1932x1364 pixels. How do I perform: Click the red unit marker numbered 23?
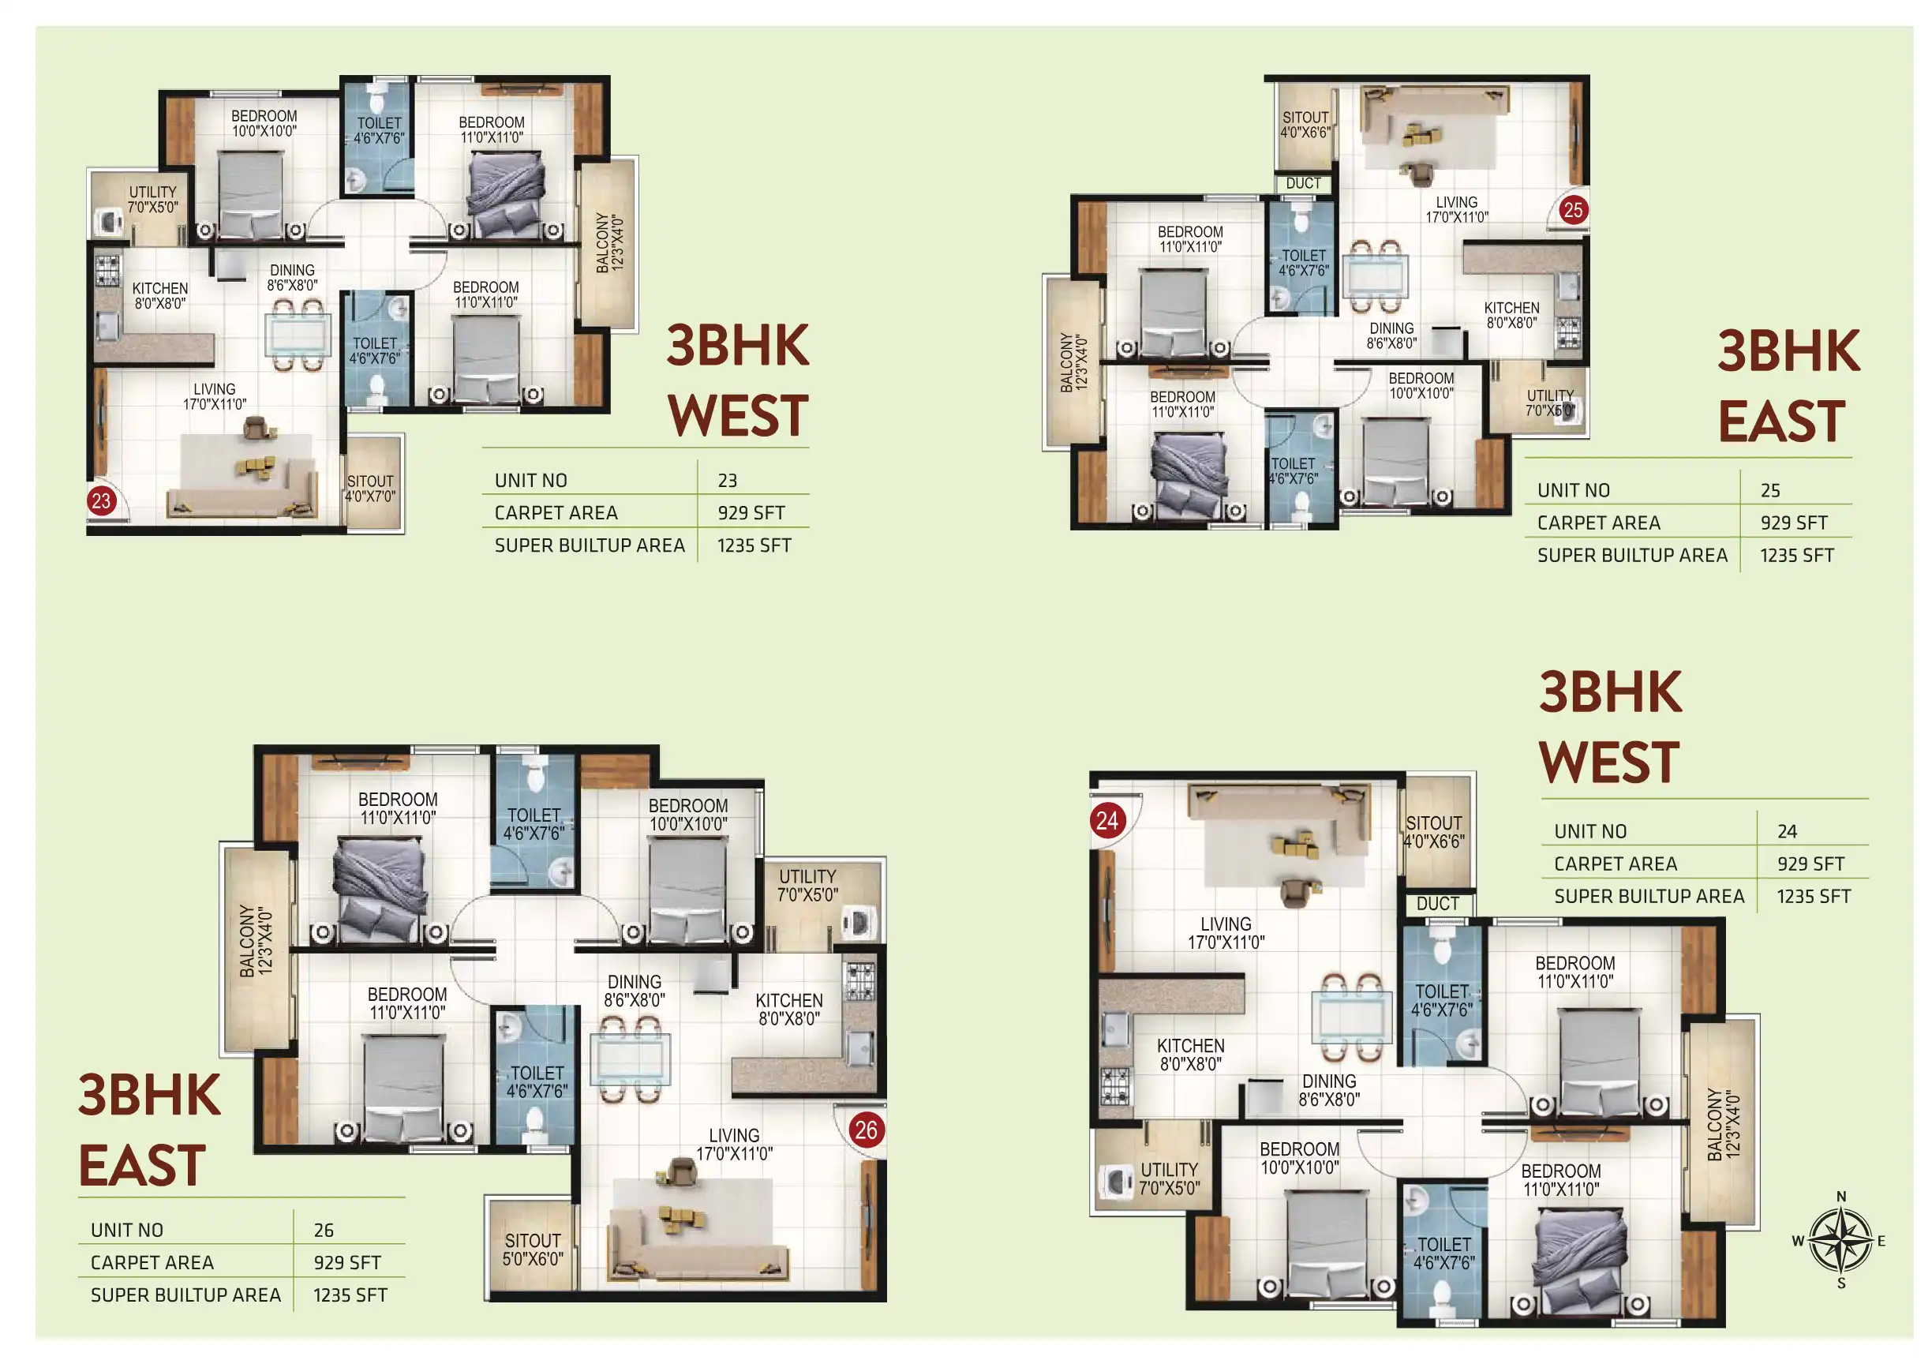click(x=101, y=501)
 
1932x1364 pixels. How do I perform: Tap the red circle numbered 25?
click(x=1573, y=209)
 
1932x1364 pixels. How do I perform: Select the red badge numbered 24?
click(x=1107, y=820)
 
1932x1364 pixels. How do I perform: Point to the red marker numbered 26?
click(x=866, y=1130)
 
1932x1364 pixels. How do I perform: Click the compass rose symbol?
click(x=1841, y=1240)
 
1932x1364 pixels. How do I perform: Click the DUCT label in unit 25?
click(x=1304, y=183)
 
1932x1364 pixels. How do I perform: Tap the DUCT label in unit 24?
click(x=1438, y=904)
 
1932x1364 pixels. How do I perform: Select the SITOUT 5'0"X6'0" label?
click(x=533, y=1250)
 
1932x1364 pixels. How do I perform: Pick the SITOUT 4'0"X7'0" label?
click(x=370, y=489)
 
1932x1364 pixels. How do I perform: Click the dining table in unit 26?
click(x=631, y=1059)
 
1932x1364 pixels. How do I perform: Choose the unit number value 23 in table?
click(x=728, y=481)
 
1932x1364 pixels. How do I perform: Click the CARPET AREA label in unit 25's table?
click(x=1599, y=523)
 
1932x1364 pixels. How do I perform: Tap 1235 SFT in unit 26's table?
click(x=350, y=1295)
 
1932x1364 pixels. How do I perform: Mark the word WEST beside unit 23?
click(x=738, y=416)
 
